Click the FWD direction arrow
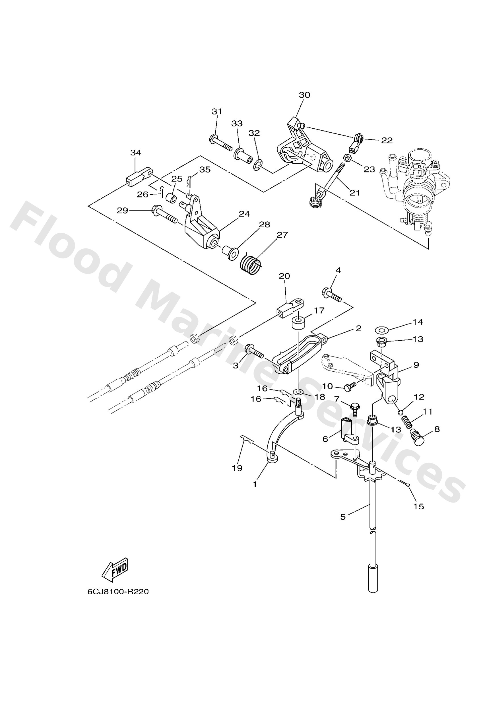pyautogui.click(x=115, y=569)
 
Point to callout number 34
pyautogui.click(x=135, y=153)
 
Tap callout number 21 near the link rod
pyautogui.click(x=355, y=193)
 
